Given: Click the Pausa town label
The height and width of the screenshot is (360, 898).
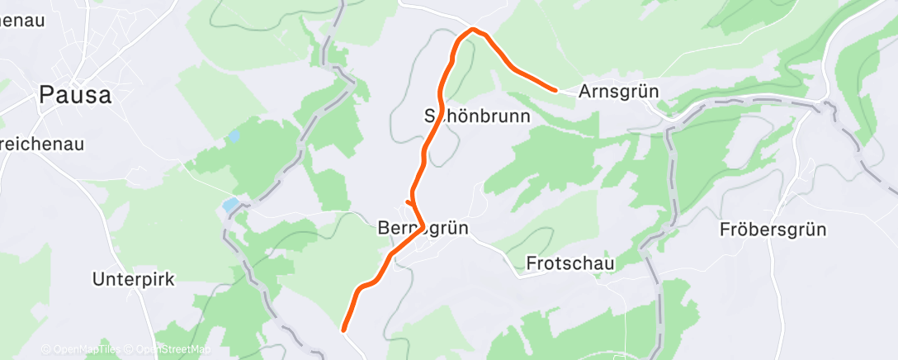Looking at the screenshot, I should (x=75, y=95).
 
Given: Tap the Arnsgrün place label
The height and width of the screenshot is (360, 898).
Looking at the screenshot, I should (x=618, y=92).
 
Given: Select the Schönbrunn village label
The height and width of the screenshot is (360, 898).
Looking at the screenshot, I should (x=476, y=116).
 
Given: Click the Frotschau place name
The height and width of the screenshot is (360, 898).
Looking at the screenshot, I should (x=570, y=264).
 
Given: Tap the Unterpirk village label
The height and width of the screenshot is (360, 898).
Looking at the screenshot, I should (x=134, y=279).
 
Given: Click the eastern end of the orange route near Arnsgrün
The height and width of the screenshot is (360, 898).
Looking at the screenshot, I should (x=555, y=88).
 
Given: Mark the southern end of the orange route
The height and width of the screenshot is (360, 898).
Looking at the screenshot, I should (x=344, y=329).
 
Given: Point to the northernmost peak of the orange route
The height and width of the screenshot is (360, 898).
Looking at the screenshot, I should (x=472, y=30).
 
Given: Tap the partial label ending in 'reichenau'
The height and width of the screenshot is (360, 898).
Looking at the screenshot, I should (x=41, y=144).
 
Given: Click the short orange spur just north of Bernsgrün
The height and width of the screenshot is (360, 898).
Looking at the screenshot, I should (x=409, y=201).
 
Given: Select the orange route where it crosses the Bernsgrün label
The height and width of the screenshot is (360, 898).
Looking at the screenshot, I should (x=421, y=227).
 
